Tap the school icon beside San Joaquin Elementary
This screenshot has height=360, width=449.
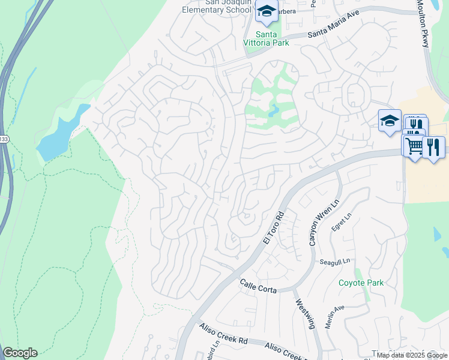tap(267, 11)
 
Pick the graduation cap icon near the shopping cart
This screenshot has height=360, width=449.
tap(389, 121)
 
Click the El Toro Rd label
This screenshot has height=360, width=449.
tap(273, 227)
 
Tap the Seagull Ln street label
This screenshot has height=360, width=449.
tap(334, 262)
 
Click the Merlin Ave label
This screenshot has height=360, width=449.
tap(334, 316)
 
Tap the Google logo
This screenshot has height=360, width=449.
tap(20, 353)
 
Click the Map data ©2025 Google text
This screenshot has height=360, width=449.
tap(412, 355)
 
